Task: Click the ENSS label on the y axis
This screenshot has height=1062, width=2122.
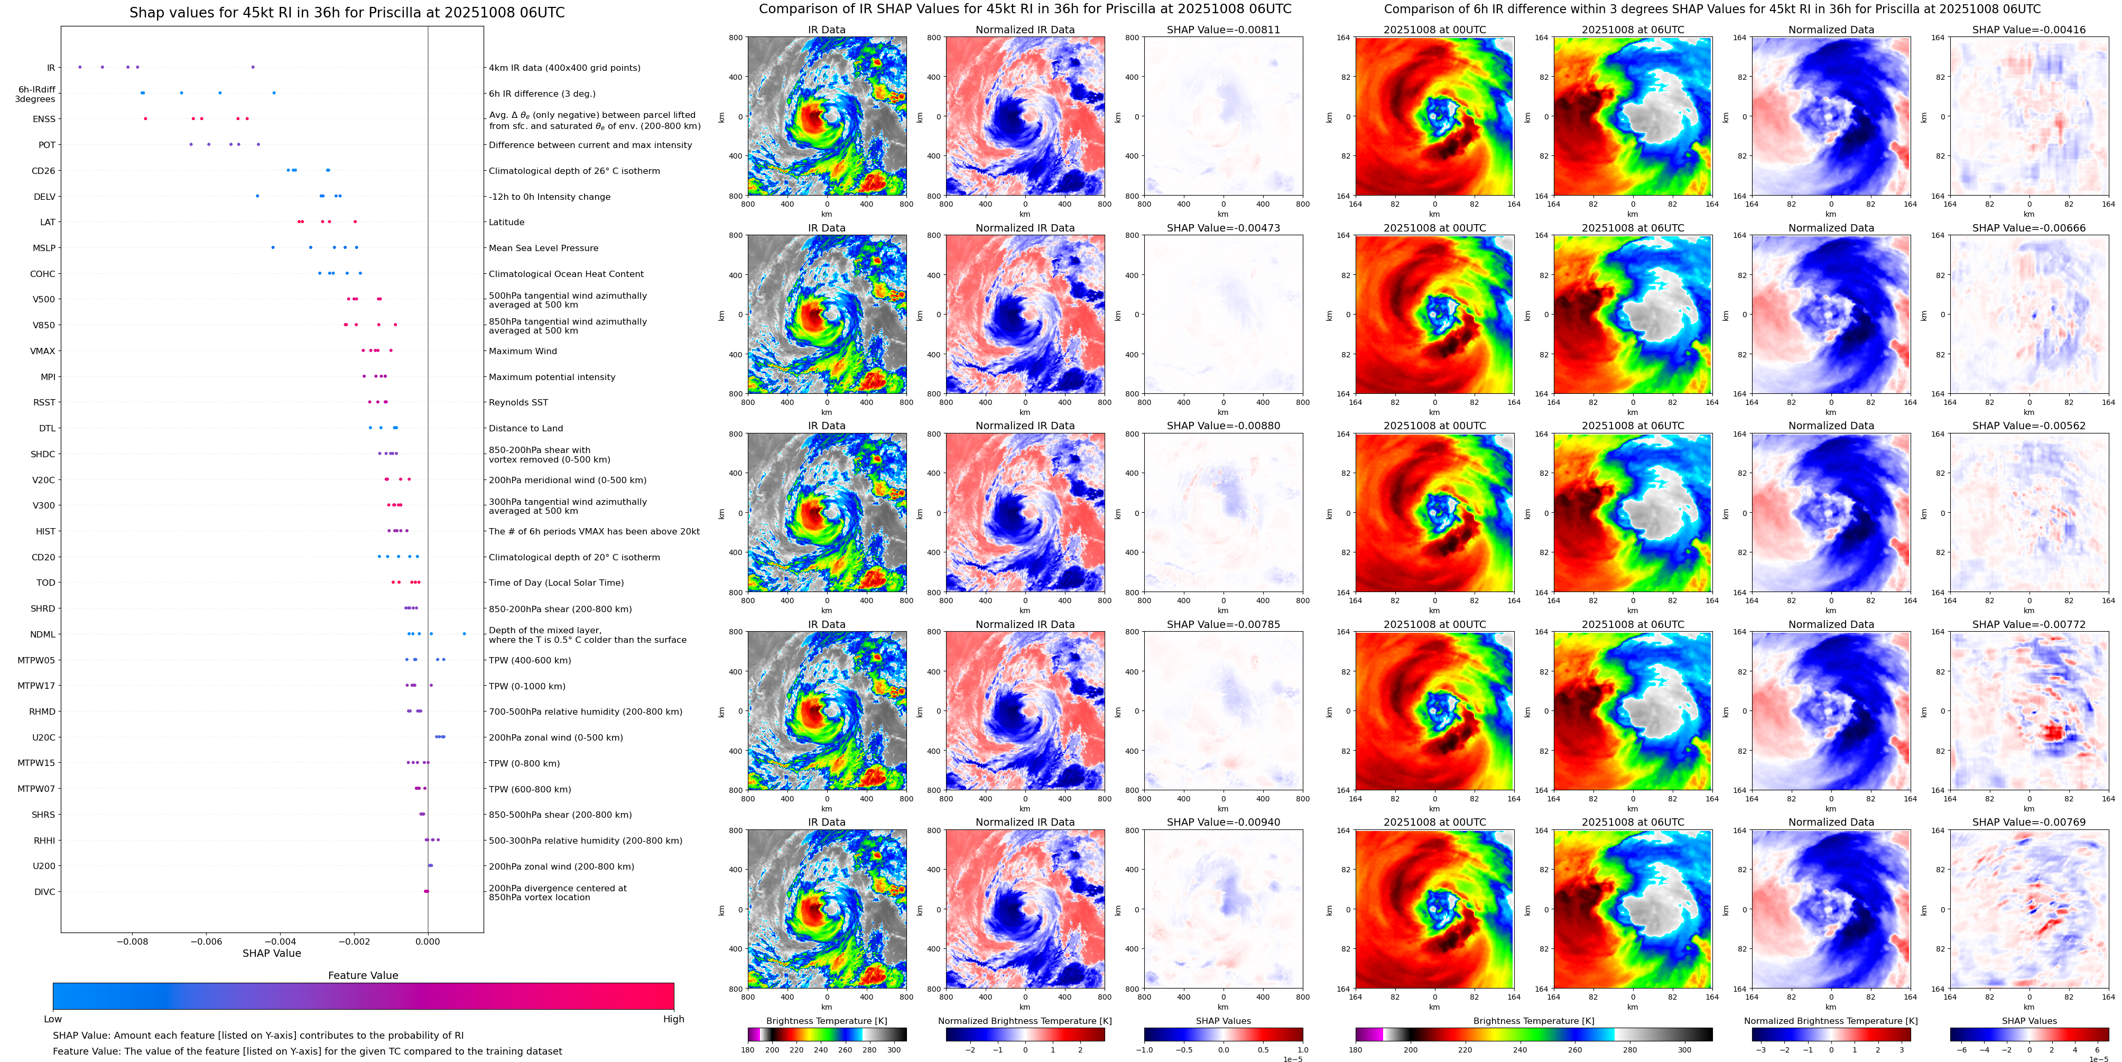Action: tap(44, 119)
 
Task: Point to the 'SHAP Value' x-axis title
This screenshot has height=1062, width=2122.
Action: tap(272, 953)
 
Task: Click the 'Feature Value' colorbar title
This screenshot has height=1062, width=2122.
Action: tap(363, 975)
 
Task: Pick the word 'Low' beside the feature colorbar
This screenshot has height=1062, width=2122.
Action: tap(53, 1019)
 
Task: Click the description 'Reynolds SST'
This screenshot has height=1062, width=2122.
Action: tap(518, 403)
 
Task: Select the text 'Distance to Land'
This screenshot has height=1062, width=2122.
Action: tap(525, 428)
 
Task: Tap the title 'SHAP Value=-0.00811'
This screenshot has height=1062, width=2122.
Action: tap(1224, 30)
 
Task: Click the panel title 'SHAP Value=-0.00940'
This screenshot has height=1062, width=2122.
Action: tap(1224, 822)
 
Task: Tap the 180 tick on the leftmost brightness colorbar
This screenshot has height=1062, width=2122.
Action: tap(748, 1050)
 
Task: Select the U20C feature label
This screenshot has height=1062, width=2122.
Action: tap(44, 738)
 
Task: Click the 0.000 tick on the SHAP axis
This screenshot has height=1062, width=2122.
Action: tap(428, 941)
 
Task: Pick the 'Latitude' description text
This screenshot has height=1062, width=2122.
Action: tap(507, 223)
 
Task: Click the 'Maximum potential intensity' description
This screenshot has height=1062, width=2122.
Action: tap(552, 377)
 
